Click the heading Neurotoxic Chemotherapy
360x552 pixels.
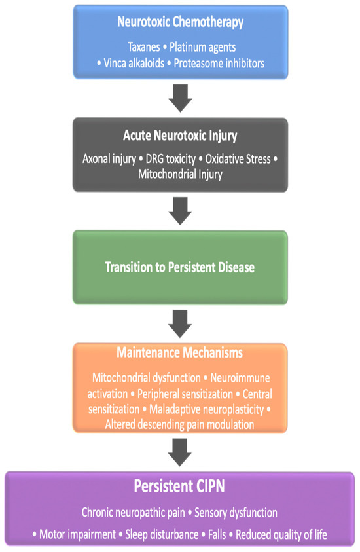[180, 22]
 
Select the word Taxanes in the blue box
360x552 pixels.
[143, 47]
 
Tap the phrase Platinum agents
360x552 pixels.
[202, 47]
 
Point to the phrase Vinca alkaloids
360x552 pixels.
[134, 64]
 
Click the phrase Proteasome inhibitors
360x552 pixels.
[219, 64]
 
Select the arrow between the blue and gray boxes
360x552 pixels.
[180, 98]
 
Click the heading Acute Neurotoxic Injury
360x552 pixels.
[180, 136]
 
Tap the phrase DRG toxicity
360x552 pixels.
[170, 159]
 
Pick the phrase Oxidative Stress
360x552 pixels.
[238, 159]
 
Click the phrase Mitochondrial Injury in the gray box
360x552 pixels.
[180, 174]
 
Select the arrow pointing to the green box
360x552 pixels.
[180, 211]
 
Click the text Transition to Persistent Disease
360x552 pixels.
[180, 267]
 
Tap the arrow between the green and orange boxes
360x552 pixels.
[180, 324]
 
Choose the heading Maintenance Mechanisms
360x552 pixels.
[180, 352]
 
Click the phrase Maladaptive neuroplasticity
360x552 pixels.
[207, 409]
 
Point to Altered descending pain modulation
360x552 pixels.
[179, 424]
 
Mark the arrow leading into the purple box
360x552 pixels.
[180, 452]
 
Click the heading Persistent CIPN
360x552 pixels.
[179, 486]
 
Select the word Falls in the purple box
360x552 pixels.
[217, 534]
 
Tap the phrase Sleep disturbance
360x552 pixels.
[162, 534]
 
